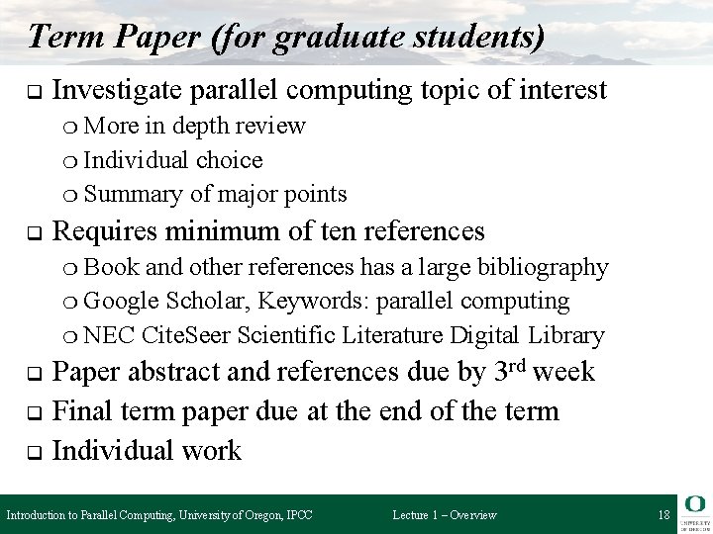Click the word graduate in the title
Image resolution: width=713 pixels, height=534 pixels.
[x=329, y=37]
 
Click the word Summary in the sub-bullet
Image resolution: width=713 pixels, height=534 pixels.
[x=131, y=193]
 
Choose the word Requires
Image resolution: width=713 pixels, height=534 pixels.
[x=108, y=231]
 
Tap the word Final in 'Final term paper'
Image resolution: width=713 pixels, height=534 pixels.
[x=82, y=411]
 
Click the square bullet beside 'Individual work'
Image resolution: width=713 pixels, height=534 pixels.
[x=32, y=452]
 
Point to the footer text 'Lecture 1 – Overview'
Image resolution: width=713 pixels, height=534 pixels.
[x=445, y=514]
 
